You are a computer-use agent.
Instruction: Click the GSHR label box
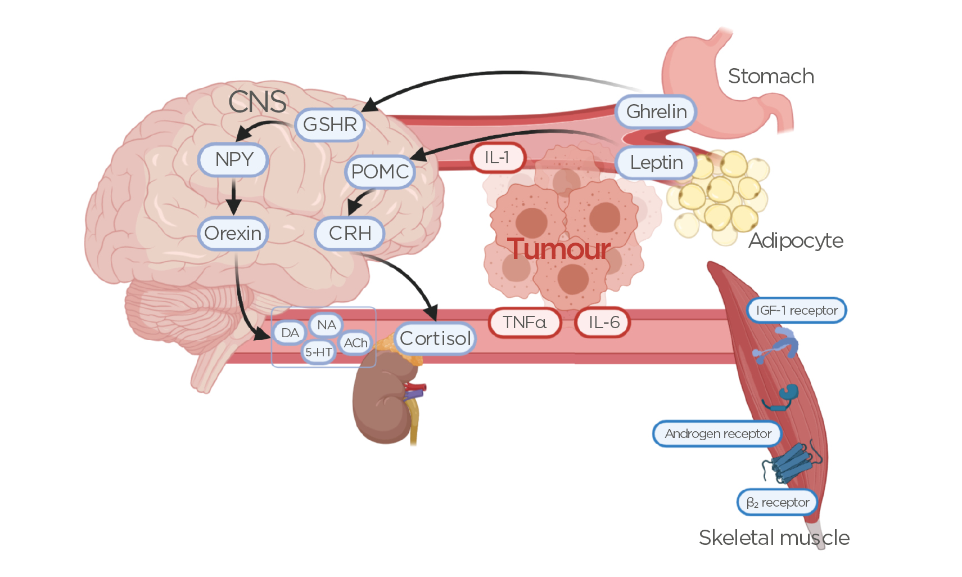330,124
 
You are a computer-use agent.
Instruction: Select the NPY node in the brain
233,160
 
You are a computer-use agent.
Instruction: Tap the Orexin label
233,233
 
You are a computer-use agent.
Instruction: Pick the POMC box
380,171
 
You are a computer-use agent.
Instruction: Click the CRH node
350,233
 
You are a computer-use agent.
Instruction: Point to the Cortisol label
435,338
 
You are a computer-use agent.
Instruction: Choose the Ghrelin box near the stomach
656,111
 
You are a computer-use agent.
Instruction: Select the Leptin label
656,163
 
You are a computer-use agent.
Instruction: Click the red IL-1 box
498,157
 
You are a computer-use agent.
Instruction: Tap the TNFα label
525,323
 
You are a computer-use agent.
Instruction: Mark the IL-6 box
603,323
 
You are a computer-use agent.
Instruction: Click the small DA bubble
290,333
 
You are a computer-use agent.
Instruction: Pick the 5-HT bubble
318,352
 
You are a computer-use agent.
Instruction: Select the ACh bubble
355,343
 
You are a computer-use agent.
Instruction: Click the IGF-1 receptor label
797,310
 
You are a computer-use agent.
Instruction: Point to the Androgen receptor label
717,433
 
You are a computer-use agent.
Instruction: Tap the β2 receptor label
778,502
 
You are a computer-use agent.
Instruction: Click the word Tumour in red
558,249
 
